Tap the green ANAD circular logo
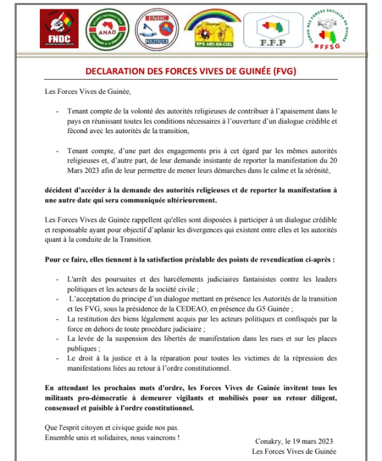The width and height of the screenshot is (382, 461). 106,28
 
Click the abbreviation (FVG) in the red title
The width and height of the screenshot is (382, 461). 283,71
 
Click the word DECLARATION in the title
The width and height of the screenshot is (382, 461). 113,71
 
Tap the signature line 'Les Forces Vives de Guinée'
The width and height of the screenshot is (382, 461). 295,451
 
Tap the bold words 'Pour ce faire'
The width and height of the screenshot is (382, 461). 66,260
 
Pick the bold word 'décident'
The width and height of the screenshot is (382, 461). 62,190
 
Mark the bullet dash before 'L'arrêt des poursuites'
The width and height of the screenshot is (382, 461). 57,282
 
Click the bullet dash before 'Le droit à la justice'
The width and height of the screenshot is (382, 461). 57,358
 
